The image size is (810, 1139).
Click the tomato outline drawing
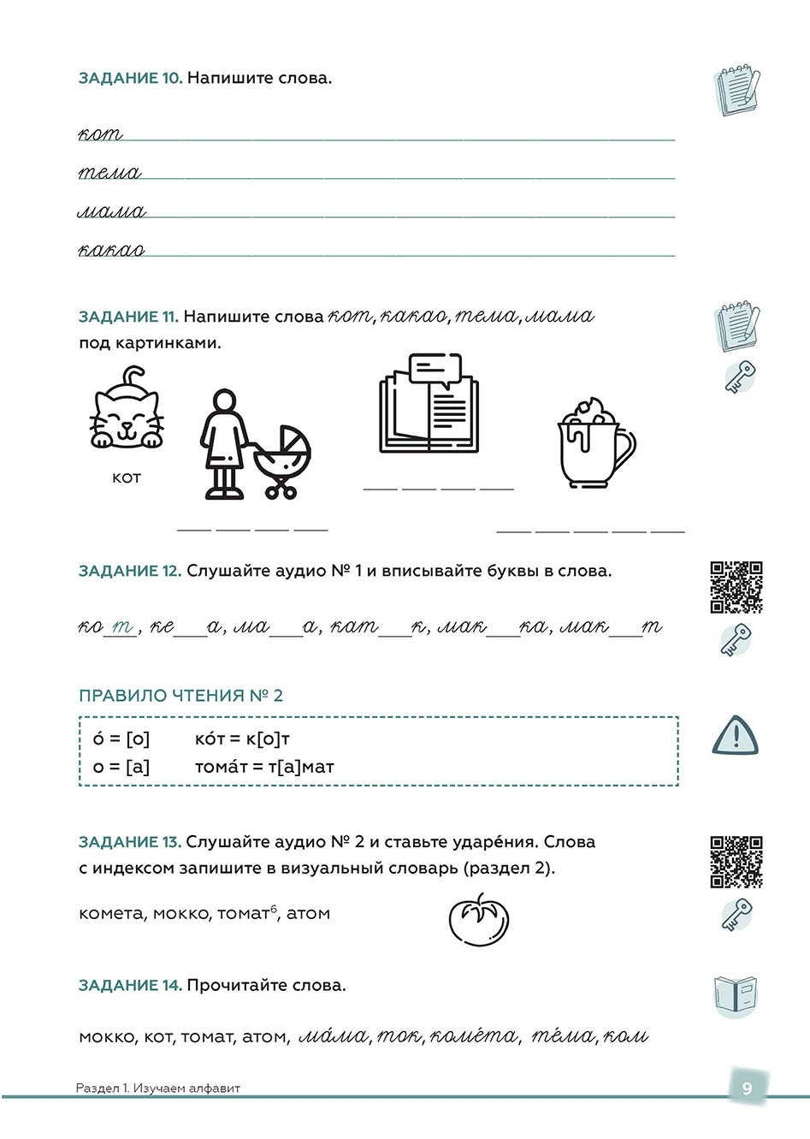[479, 920]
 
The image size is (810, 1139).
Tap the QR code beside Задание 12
[736, 587]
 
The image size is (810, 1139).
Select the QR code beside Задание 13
[736, 862]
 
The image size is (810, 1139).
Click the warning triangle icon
[735, 736]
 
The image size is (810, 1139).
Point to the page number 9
[747, 1088]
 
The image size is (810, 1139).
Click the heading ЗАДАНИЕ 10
[130, 78]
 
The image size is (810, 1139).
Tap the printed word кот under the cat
[126, 478]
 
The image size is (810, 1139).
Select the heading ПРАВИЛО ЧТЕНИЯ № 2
[180, 696]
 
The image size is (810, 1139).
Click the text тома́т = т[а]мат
[264, 767]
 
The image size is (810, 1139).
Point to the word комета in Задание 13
[112, 913]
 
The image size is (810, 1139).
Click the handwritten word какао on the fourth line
[111, 250]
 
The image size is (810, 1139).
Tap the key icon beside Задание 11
[739, 377]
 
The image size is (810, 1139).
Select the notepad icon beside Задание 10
[736, 89]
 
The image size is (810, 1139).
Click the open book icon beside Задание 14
[736, 996]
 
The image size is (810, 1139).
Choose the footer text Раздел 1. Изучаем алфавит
[158, 1089]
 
